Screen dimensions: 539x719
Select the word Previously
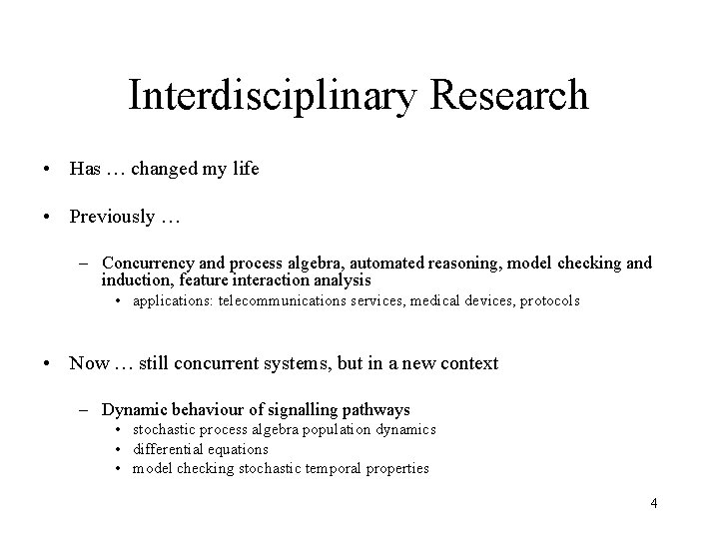click(112, 217)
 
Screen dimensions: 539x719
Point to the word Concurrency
click(147, 264)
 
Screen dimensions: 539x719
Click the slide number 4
click(653, 503)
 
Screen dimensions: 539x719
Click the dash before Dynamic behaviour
click(87, 409)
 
